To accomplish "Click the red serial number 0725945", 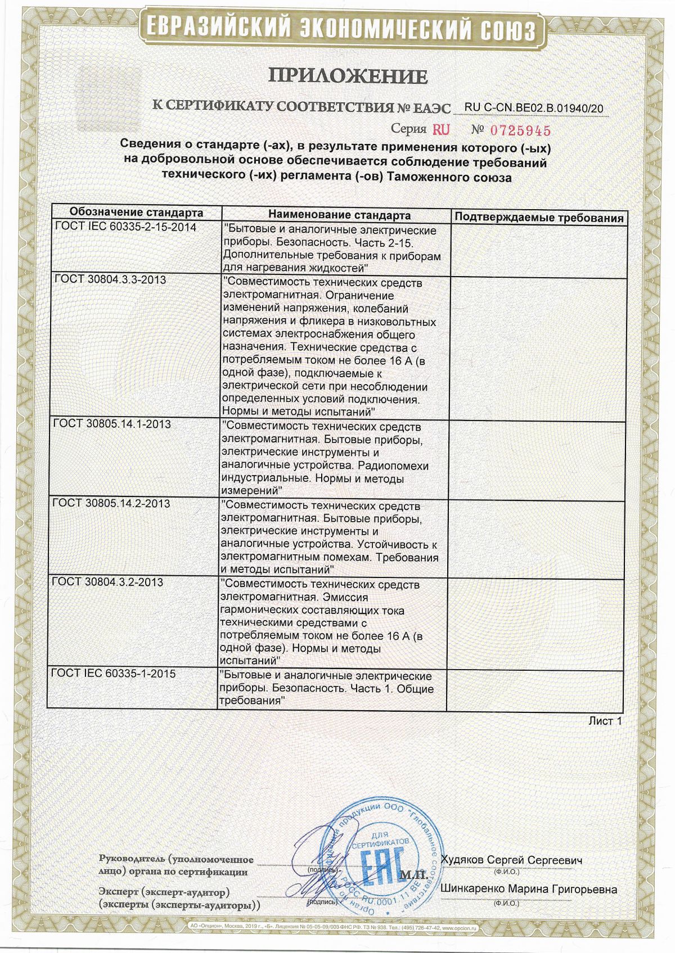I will tap(521, 130).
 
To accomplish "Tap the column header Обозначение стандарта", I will tap(136, 214).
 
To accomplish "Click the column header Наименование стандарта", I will tap(339, 215).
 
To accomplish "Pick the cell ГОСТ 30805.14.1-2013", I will tap(111, 424).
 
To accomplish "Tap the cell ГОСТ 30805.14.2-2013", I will tap(111, 503).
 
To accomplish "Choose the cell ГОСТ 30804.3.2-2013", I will tap(107, 582).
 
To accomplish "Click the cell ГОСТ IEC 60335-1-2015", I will tap(114, 673).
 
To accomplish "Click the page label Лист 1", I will tap(605, 720).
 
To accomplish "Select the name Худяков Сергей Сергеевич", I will tap(511, 860).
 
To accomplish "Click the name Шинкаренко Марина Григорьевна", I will tap(529, 889).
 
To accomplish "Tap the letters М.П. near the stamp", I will tap(415, 876).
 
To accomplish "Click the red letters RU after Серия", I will tap(441, 130).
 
